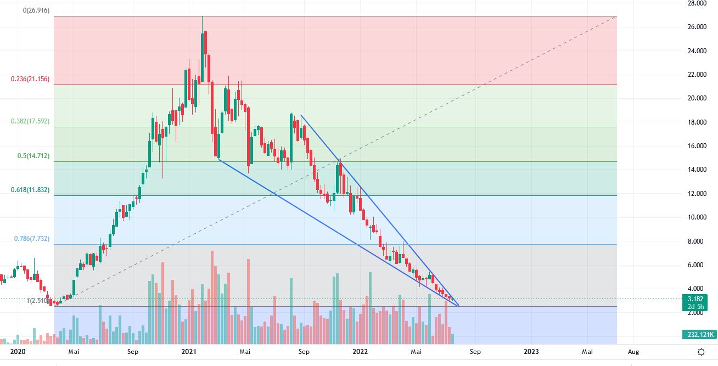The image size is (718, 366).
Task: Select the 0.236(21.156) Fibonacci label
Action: tap(30, 79)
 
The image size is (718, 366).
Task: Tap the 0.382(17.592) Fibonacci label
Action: tap(30, 121)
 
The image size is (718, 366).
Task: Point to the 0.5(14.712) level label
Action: tap(33, 156)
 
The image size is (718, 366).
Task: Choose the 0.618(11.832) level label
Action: tap(30, 190)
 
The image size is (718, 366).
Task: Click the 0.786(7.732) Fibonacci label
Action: tap(32, 239)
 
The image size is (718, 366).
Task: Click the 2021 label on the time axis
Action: tap(189, 351)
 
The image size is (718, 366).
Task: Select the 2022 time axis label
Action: tap(360, 351)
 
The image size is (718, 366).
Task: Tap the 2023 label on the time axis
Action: tap(531, 351)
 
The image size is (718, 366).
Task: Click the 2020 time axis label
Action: tap(18, 351)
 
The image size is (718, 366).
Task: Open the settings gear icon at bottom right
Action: tap(701, 352)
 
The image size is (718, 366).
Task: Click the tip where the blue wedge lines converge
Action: tap(458, 306)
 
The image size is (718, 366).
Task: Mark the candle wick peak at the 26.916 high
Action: tap(203, 16)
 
